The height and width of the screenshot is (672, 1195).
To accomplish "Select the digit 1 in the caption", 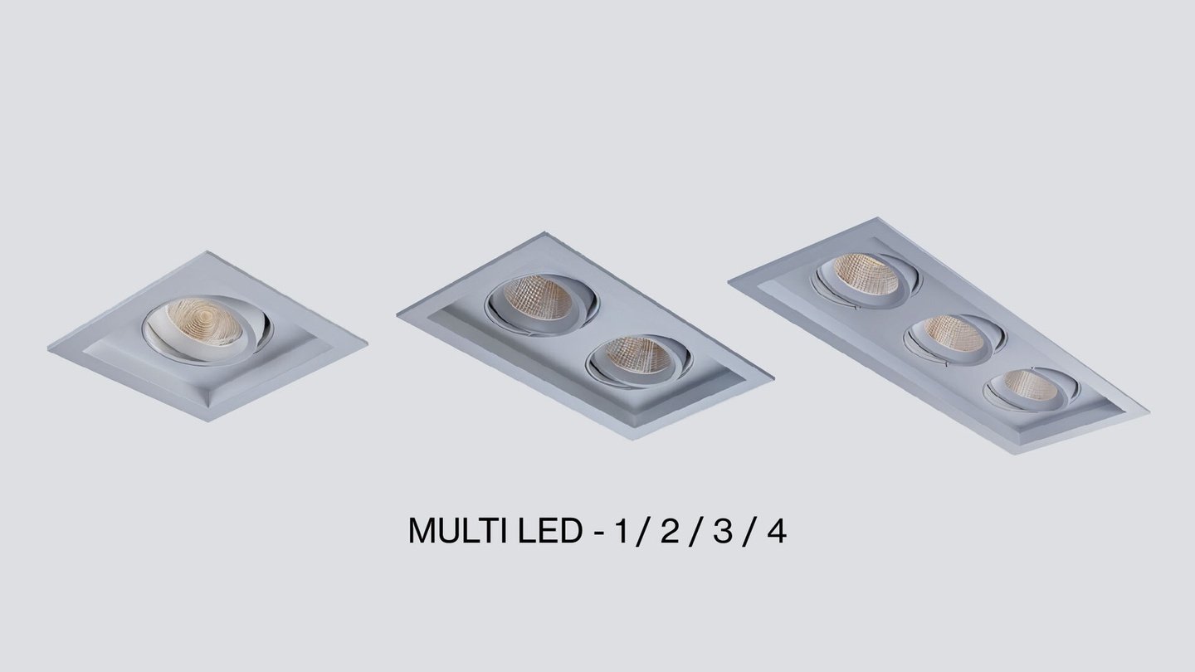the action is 621,531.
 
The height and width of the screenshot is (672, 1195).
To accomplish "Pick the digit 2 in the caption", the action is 670,531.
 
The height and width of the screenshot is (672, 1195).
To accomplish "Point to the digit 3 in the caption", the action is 722,531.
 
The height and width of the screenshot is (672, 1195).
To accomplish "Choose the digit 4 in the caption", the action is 776,531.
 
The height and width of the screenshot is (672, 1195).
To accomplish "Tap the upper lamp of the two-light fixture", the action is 541,304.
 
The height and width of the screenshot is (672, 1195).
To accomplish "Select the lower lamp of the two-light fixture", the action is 639,361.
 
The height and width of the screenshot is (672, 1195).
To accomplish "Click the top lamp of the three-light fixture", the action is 866,280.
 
